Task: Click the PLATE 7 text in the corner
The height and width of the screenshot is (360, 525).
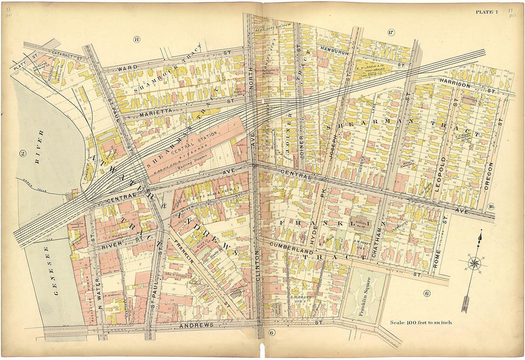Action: point(486,12)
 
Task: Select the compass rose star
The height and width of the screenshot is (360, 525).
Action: point(474,263)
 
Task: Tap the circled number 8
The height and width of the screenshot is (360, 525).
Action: point(136,39)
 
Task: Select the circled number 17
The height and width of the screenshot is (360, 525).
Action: point(391,32)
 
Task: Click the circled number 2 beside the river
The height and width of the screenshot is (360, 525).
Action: point(22,153)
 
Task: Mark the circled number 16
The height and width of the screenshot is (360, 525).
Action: point(491,206)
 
